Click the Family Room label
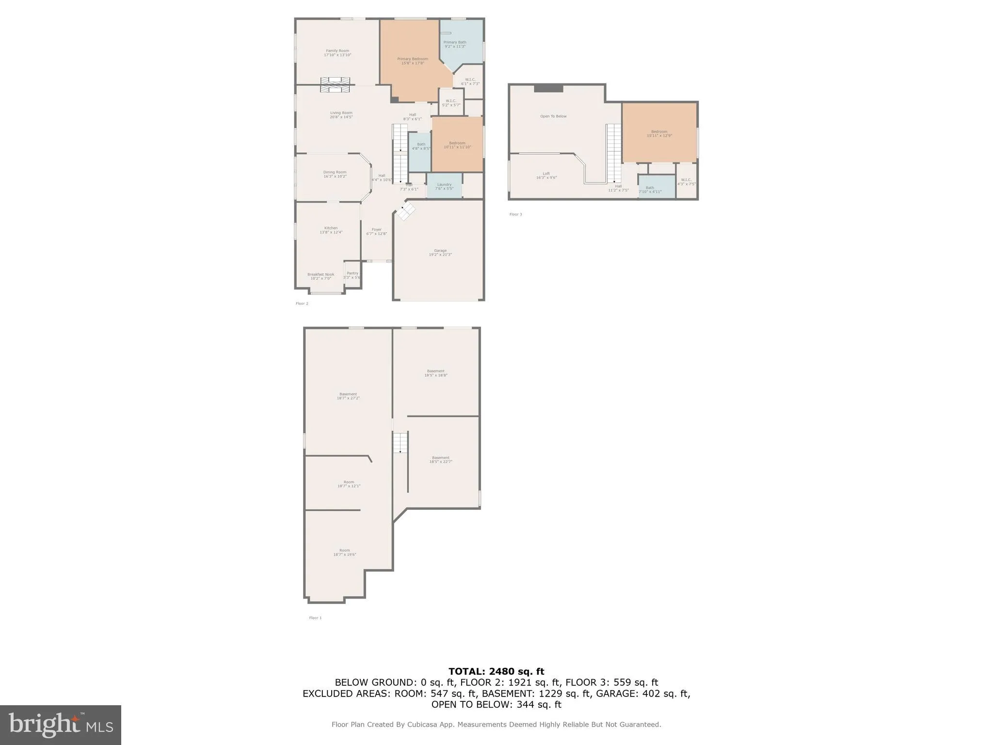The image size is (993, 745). click(337, 53)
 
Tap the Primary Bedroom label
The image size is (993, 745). click(413, 61)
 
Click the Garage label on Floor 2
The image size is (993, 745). click(440, 252)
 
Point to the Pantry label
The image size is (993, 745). click(352, 275)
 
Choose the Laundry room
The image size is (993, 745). click(444, 186)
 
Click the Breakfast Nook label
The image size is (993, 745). click(321, 276)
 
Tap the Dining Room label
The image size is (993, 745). click(335, 174)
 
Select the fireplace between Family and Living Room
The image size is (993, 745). click(335, 84)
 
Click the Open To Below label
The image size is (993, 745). click(553, 116)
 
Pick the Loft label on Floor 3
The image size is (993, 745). click(546, 176)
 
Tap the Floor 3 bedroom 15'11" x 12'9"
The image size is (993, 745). click(659, 133)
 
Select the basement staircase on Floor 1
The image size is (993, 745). click(400, 442)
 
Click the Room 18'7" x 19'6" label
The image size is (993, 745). click(344, 552)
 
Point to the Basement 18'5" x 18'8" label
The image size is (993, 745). click(435, 373)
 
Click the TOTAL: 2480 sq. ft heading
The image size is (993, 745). click(496, 671)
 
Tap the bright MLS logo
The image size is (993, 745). click(61, 725)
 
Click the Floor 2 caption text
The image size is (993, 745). click(302, 304)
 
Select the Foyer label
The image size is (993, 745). click(376, 231)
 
